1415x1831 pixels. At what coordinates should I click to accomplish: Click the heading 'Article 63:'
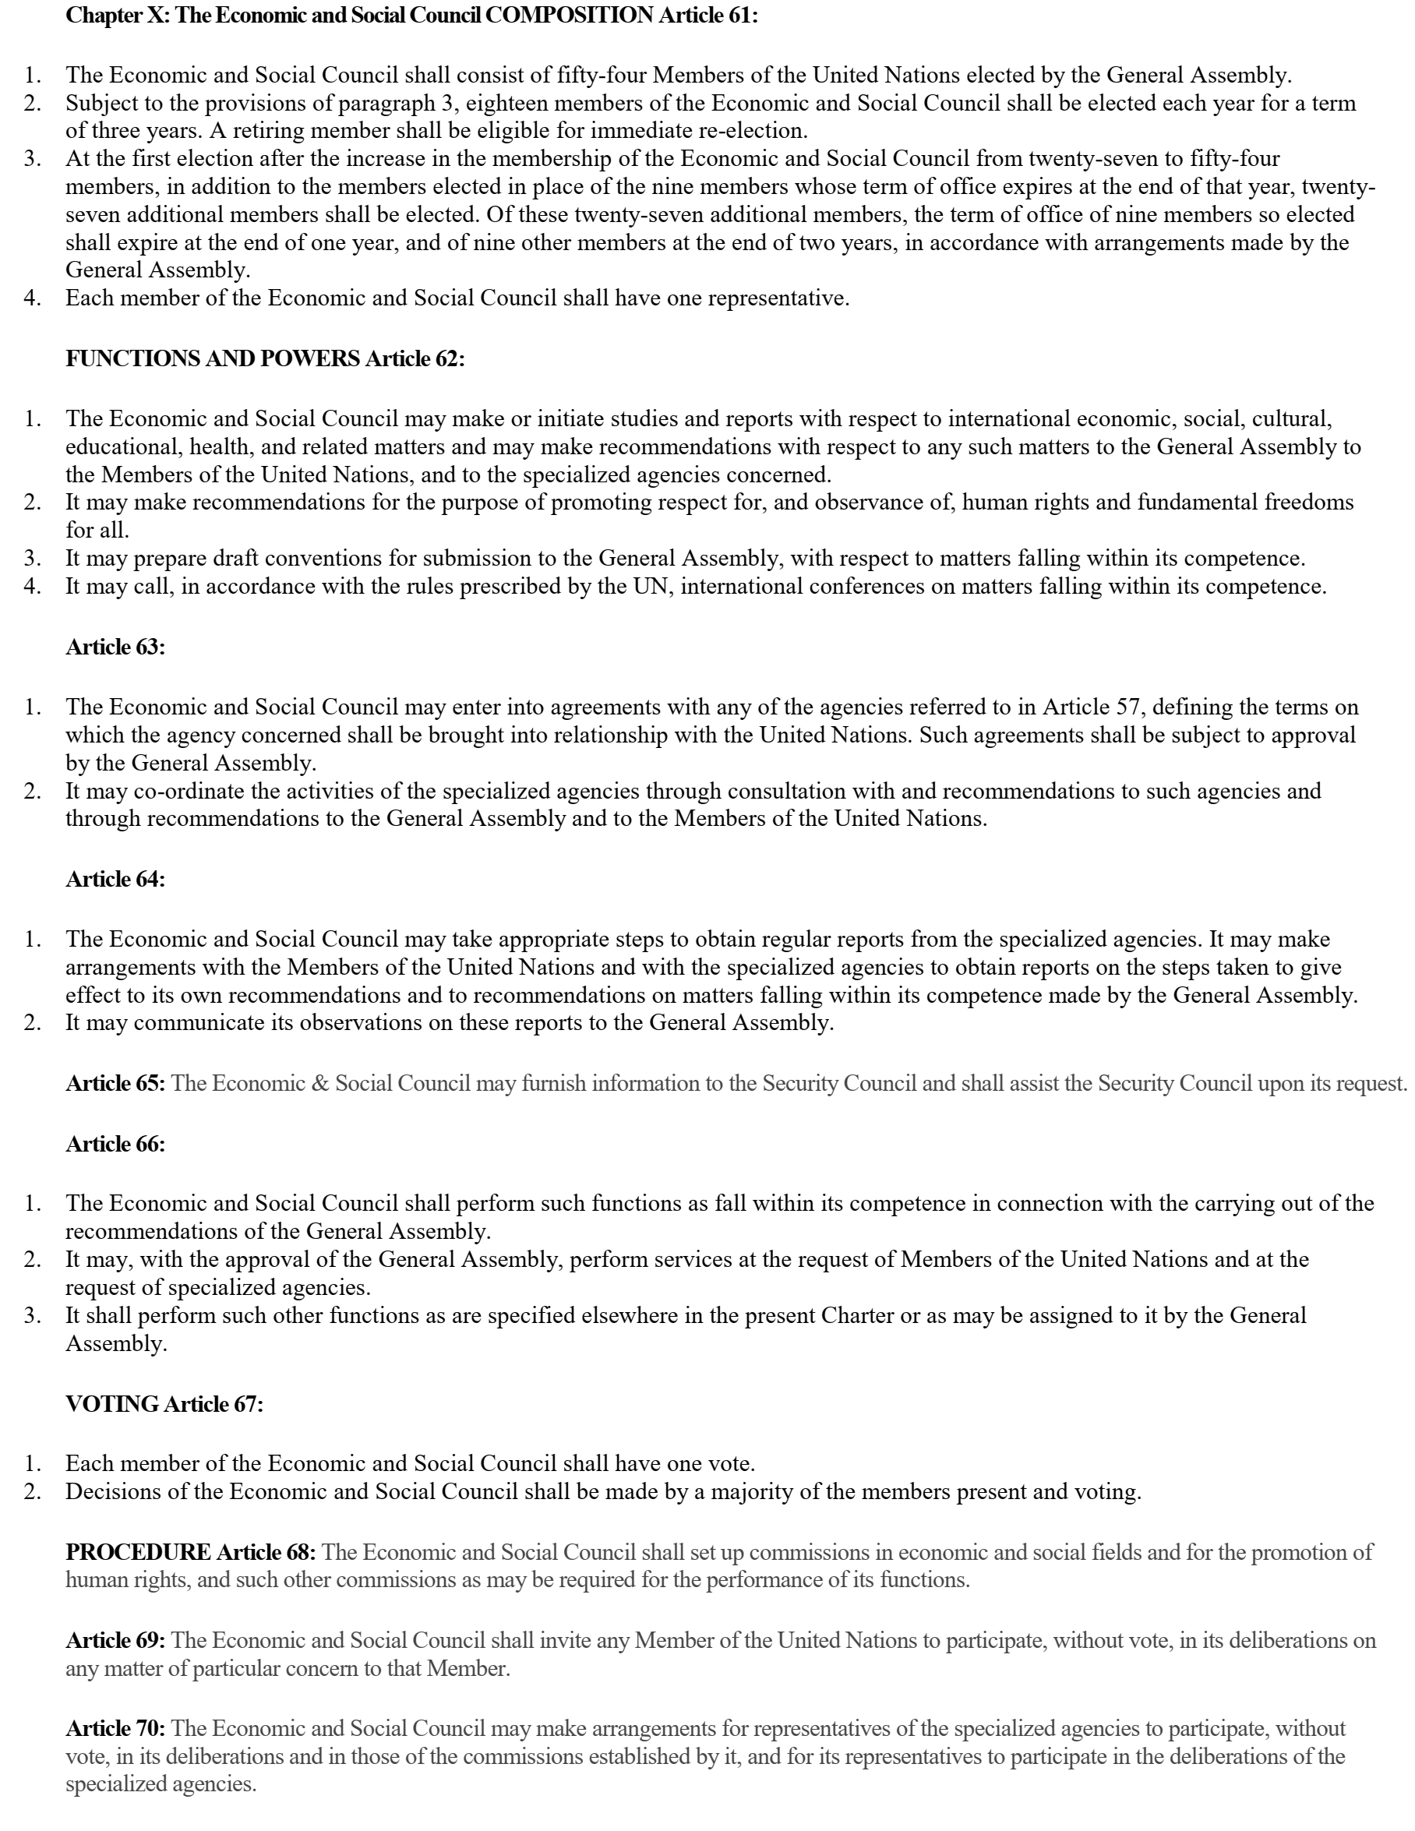click(x=115, y=647)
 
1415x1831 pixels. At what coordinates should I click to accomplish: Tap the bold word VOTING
click(x=112, y=1403)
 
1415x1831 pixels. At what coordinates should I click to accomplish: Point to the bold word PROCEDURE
click(x=139, y=1552)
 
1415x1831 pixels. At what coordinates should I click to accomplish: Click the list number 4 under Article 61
click(x=32, y=298)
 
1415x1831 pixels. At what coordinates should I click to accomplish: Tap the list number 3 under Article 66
click(x=32, y=1314)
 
